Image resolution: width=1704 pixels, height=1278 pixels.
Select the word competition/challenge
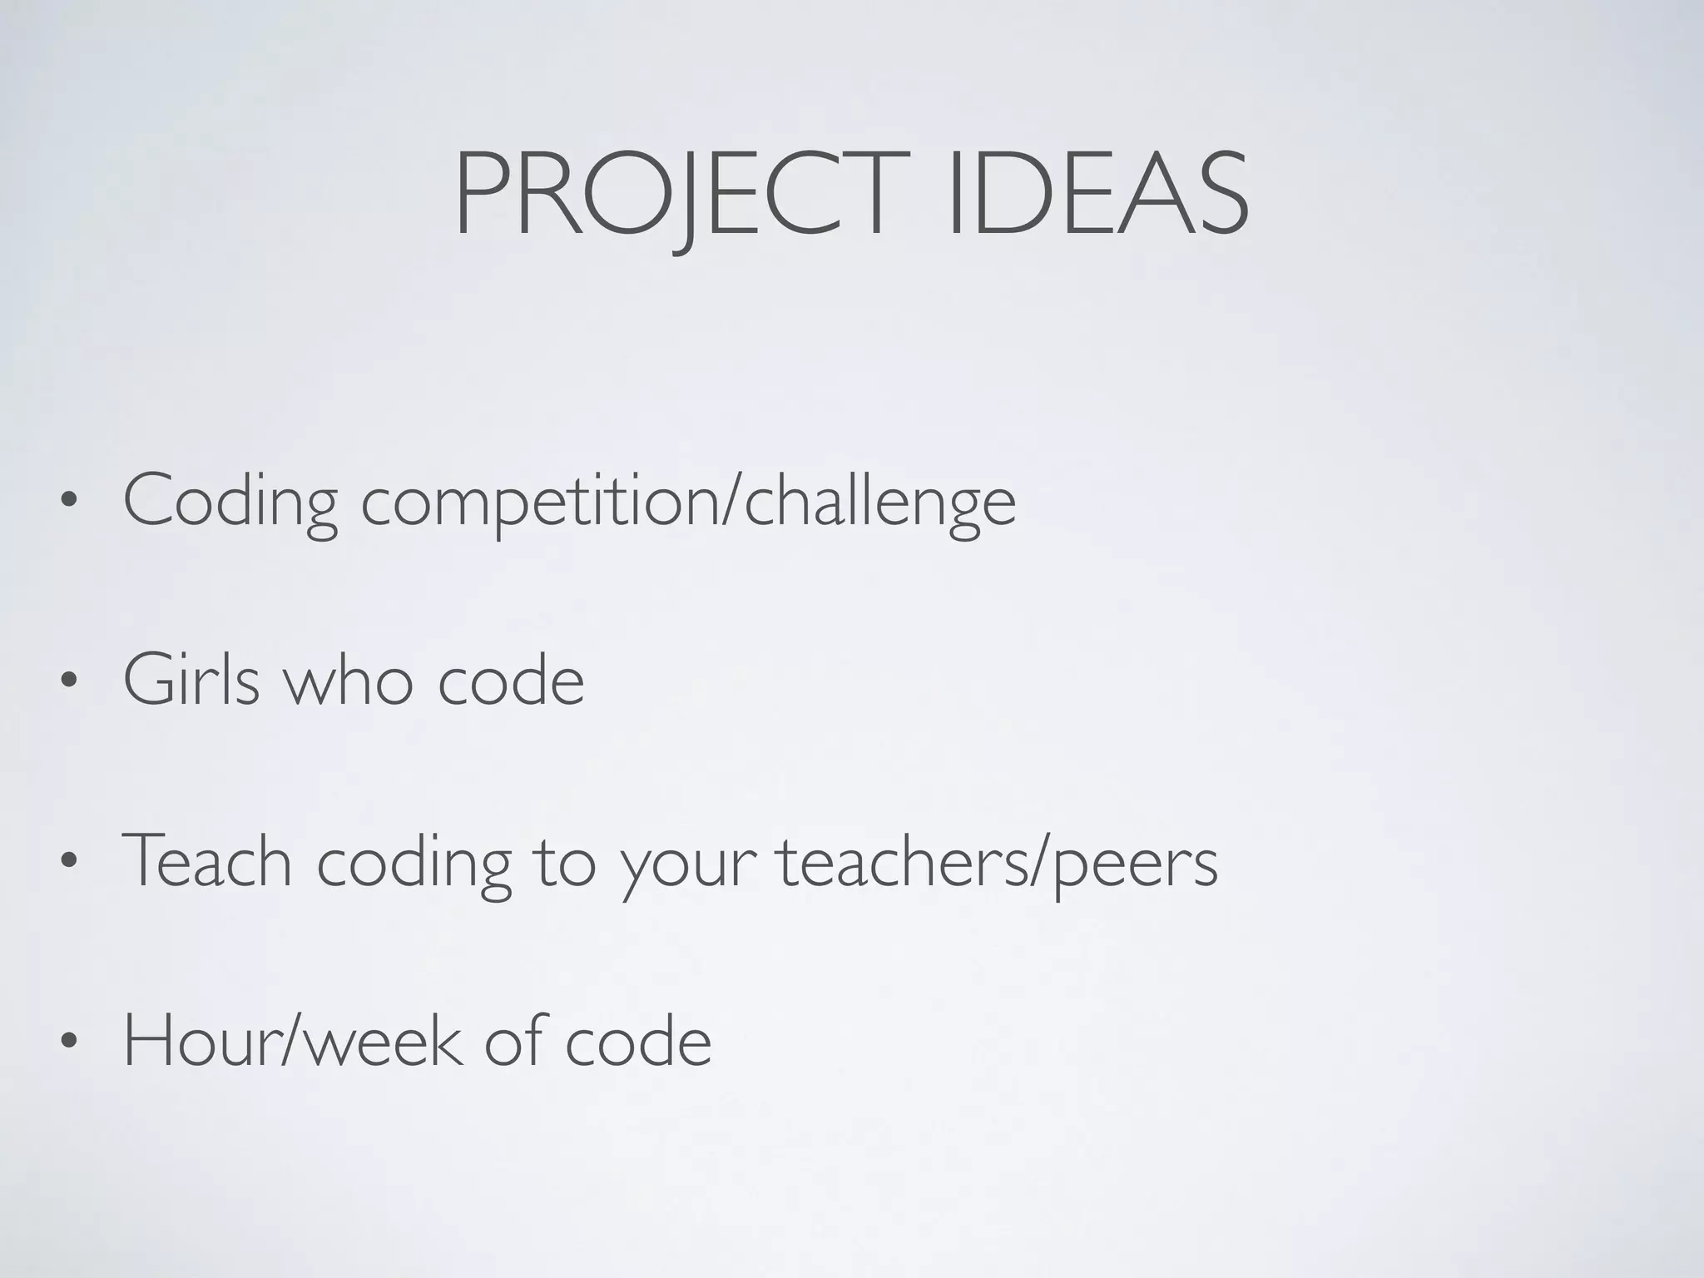[688, 502]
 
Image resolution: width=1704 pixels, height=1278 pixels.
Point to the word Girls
[191, 681]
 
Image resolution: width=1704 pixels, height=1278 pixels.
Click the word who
[349, 681]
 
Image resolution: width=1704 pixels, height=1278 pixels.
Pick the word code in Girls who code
[511, 681]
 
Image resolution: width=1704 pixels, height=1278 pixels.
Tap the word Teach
[207, 861]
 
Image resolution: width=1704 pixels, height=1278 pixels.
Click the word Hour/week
[291, 1042]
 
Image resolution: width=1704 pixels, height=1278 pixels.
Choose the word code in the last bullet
[638, 1042]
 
